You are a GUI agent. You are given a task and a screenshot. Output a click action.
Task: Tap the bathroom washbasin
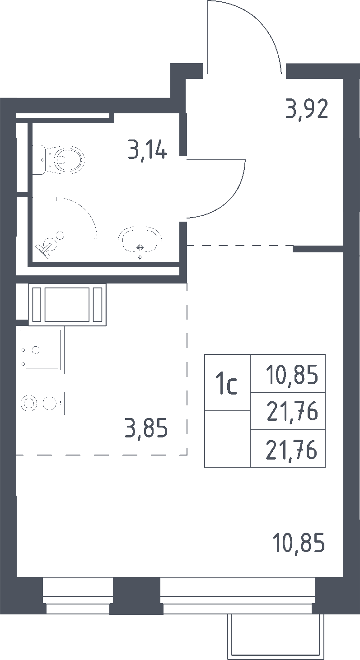pyautogui.click(x=140, y=239)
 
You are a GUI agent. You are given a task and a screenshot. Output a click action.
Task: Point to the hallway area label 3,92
pyautogui.click(x=307, y=109)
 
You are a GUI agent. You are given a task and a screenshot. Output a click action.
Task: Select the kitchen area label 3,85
pyautogui.click(x=146, y=428)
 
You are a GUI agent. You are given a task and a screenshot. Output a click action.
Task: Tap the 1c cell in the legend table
pyautogui.click(x=227, y=382)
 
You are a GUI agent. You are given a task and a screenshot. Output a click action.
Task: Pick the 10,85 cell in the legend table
pyautogui.click(x=288, y=373)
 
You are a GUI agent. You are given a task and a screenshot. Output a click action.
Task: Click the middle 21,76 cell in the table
pyautogui.click(x=288, y=411)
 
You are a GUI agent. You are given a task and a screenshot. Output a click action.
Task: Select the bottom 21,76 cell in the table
pyautogui.click(x=288, y=448)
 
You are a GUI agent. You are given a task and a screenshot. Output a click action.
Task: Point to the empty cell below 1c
pyautogui.click(x=227, y=439)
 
